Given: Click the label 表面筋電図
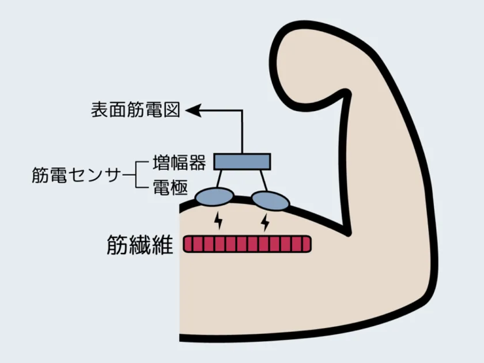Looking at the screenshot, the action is [x=135, y=110].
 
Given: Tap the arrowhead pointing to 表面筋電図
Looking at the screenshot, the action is [x=193, y=110].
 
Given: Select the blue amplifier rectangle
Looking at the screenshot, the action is [x=243, y=162].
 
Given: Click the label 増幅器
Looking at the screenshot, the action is [x=179, y=162].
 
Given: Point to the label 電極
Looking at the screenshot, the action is [x=171, y=187].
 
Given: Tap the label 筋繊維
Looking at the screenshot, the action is [x=139, y=244].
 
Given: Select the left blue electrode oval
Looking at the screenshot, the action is [x=215, y=196].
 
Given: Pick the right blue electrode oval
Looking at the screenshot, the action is [x=270, y=201].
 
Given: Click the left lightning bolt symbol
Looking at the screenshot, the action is [x=218, y=220].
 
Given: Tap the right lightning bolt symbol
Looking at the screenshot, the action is [x=265, y=222].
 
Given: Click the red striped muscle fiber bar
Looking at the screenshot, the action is [x=247, y=244].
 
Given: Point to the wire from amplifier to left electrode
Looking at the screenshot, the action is [x=219, y=179].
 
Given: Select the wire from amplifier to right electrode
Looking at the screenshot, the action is [x=263, y=180].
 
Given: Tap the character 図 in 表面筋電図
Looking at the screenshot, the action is [x=172, y=110].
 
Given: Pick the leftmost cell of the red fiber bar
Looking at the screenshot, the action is [x=188, y=244].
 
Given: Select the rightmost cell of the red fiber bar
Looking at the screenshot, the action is [x=307, y=244].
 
